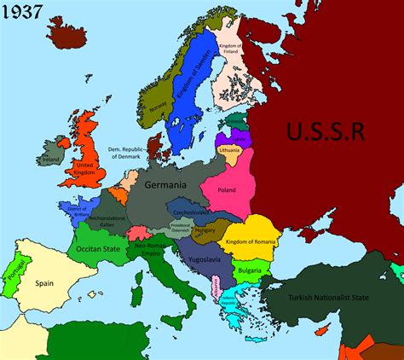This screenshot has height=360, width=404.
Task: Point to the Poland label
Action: point(227,190)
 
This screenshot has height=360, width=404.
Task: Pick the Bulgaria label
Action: point(251,270)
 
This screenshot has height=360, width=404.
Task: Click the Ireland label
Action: point(52,160)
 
